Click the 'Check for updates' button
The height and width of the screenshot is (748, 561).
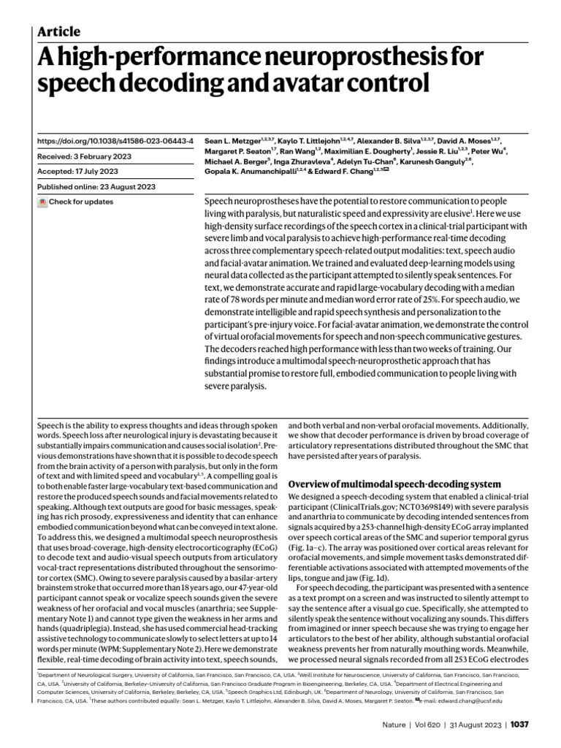coord(80,202)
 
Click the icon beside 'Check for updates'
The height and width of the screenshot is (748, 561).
coord(42,202)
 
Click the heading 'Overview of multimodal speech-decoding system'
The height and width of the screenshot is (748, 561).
coord(394,484)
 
